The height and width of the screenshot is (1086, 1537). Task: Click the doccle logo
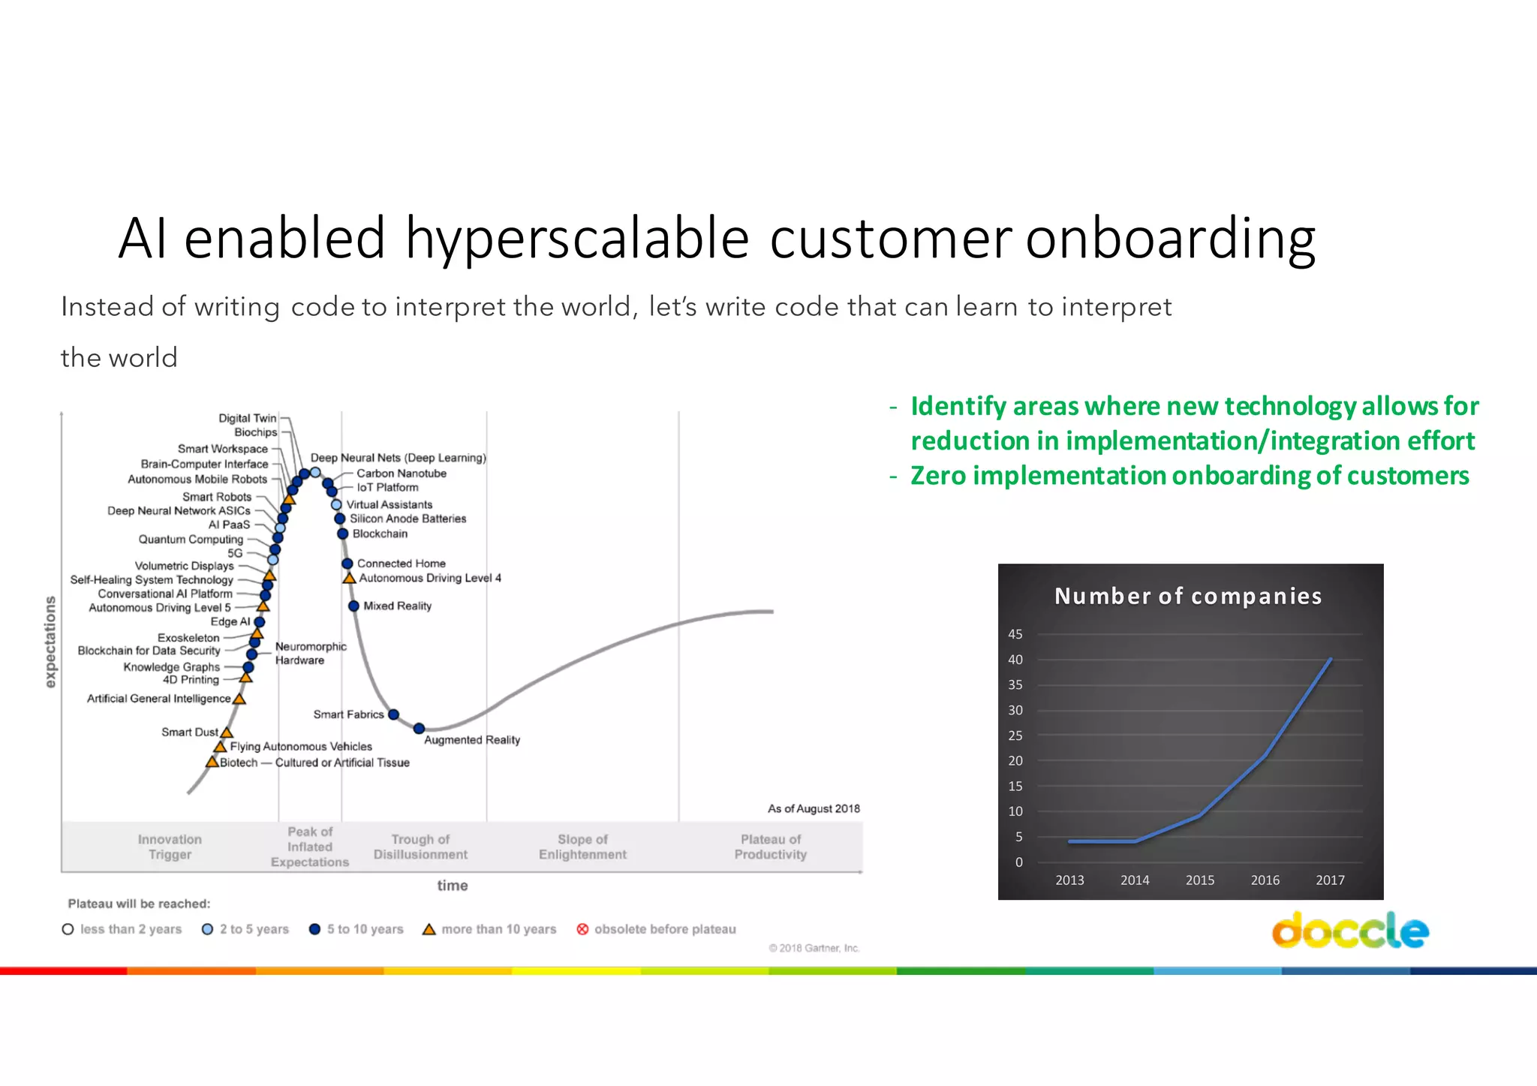point(1350,931)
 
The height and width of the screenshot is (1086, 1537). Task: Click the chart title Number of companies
point(1187,596)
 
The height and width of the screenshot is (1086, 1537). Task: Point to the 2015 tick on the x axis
point(1199,880)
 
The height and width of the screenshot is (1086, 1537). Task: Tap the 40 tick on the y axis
point(1015,660)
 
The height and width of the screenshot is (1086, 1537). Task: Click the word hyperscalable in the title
point(577,239)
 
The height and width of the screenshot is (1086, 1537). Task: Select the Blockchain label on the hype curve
point(380,534)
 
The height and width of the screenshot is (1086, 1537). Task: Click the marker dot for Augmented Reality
point(419,728)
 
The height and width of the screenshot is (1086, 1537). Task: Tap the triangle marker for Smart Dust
point(227,733)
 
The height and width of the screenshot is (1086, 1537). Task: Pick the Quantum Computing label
point(191,539)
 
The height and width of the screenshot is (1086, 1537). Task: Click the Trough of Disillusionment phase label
point(420,847)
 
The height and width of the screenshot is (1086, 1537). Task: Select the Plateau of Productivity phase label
point(770,847)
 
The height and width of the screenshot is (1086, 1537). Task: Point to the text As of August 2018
point(814,808)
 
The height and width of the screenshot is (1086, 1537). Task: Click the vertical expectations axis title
point(50,642)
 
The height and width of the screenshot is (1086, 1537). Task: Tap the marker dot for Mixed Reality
point(353,606)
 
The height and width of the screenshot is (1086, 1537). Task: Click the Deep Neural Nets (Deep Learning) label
point(398,458)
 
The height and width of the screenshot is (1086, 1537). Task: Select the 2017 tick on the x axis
point(1330,880)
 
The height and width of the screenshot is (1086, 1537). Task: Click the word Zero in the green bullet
point(937,476)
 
